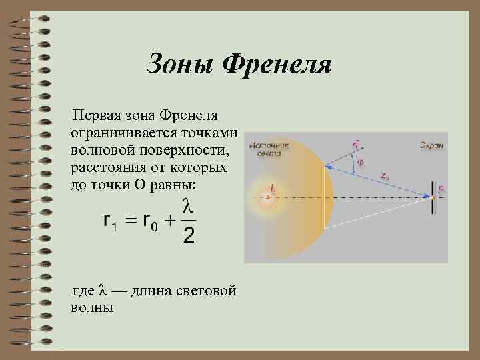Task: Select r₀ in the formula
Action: (150, 221)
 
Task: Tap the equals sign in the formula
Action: (130, 220)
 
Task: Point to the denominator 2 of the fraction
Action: (189, 235)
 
